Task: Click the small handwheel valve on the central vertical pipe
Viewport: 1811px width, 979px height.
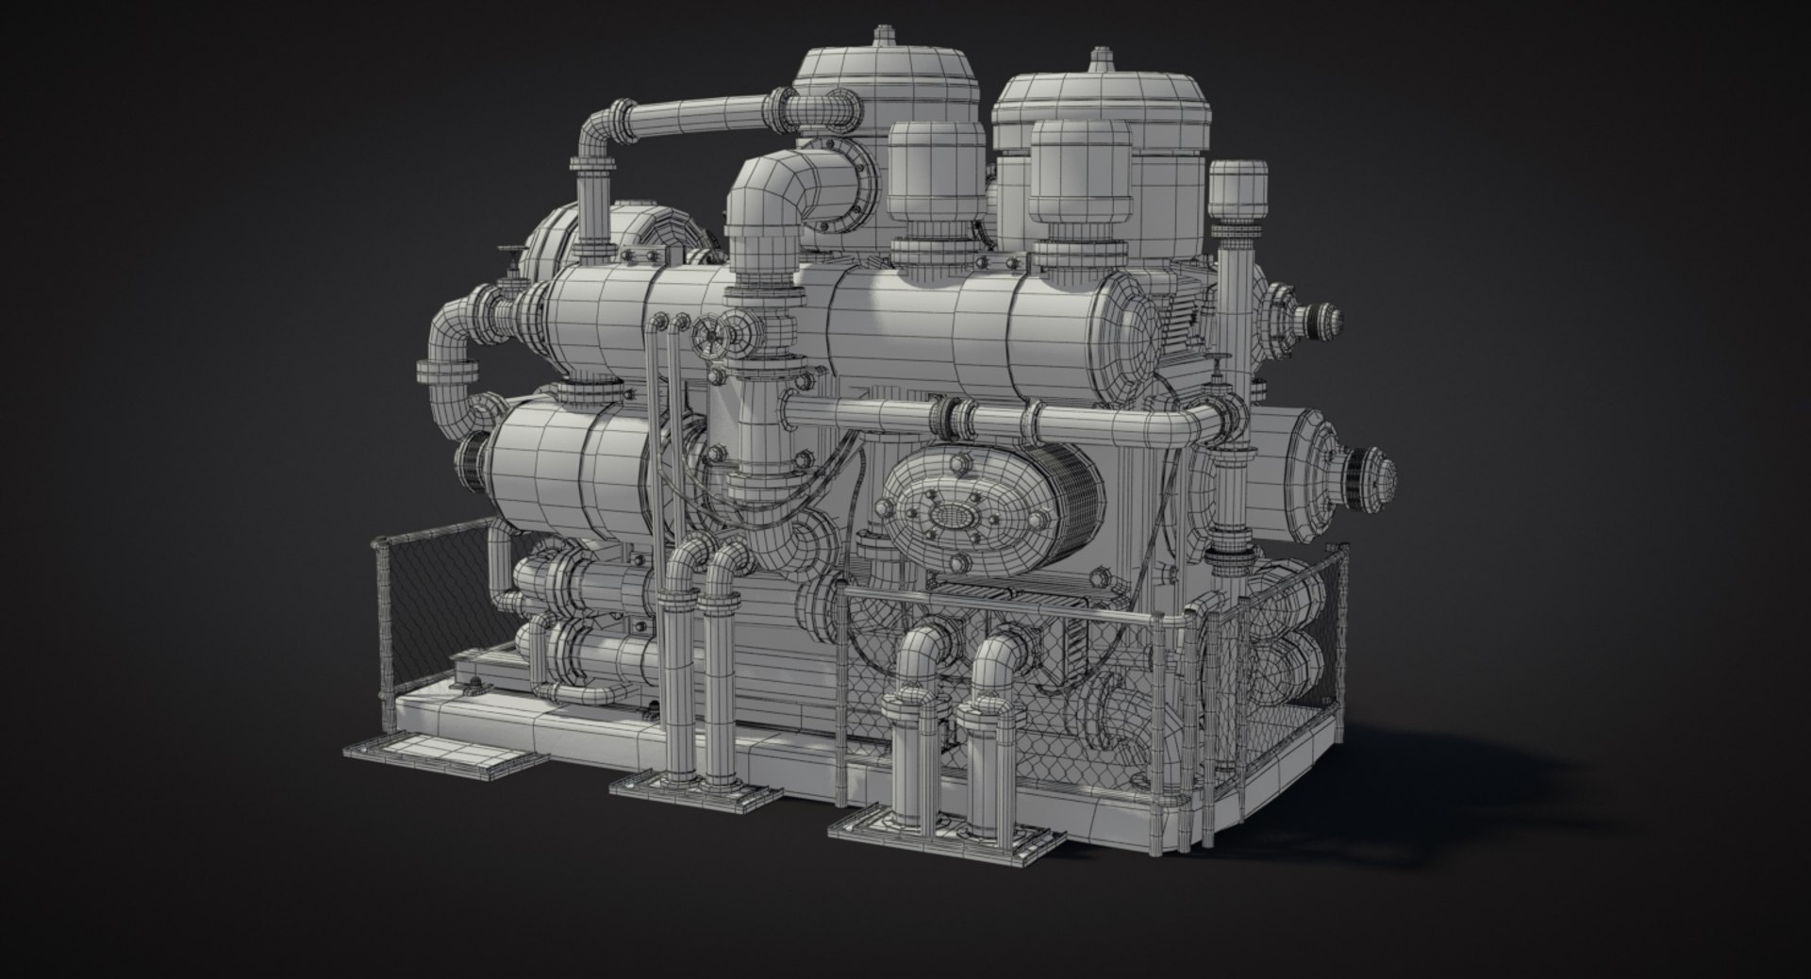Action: (x=709, y=337)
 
